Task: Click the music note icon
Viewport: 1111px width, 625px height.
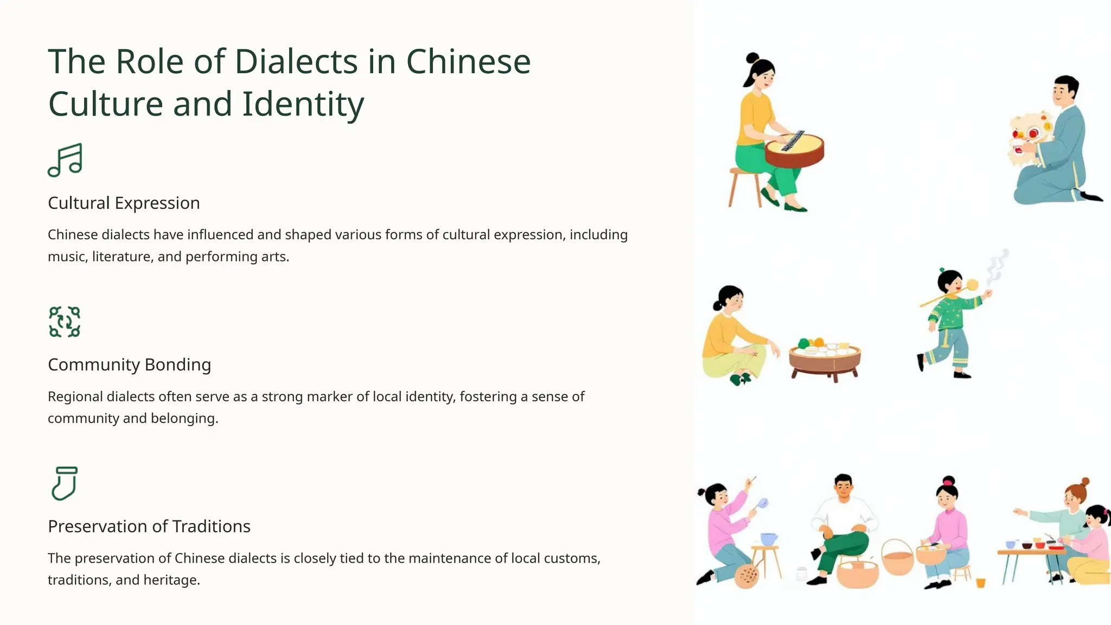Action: (65, 160)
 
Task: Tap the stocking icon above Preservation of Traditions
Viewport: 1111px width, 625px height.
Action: (65, 483)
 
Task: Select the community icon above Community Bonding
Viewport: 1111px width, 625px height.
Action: (65, 322)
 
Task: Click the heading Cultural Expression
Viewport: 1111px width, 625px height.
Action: (124, 203)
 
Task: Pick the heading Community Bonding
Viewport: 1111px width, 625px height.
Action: (129, 365)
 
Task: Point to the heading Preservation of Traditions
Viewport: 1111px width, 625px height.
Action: (149, 526)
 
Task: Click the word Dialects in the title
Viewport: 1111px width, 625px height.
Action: (296, 61)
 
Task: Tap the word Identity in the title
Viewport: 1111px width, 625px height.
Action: (303, 104)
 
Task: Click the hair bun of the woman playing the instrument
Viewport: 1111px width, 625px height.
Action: (752, 58)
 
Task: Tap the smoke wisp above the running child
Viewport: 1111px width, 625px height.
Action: (997, 266)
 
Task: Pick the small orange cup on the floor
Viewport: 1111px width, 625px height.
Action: (980, 583)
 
